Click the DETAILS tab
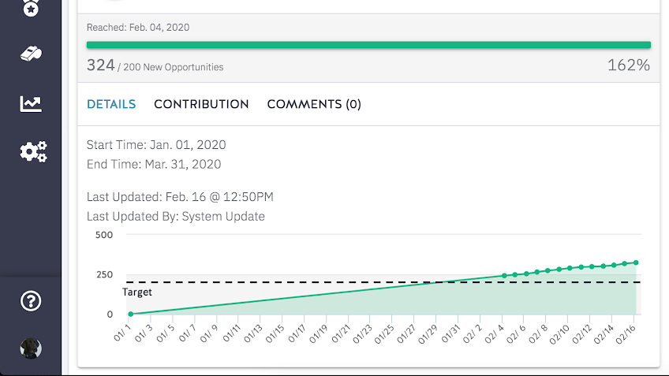111,104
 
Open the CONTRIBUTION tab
201,104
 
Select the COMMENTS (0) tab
314,104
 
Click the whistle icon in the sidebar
31,54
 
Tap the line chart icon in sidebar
31,103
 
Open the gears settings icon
33,152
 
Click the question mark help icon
31,301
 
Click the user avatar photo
31,348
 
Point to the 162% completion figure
629,65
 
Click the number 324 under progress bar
101,65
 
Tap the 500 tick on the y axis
104,235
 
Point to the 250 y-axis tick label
104,274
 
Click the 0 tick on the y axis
110,315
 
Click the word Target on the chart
137,292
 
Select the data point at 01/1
131,315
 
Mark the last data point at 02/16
636,262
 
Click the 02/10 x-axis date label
559,333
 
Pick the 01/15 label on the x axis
275,333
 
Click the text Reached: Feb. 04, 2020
138,28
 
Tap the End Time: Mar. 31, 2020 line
154,164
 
